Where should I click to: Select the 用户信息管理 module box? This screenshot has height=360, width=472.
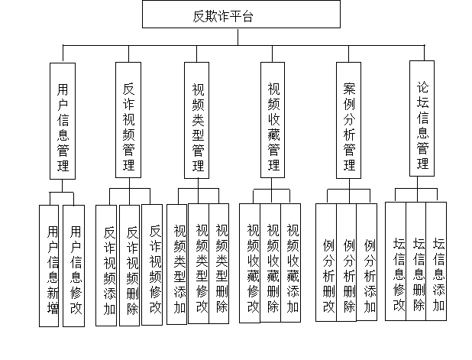(x=63, y=121)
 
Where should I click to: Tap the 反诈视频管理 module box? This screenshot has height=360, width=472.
(x=129, y=121)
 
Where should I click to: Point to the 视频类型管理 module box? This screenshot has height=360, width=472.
(x=198, y=121)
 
